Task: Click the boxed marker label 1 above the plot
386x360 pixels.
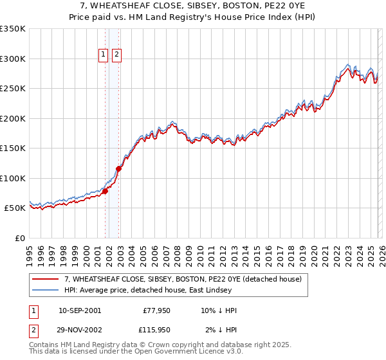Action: (104, 55)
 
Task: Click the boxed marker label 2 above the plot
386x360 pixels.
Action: (116, 55)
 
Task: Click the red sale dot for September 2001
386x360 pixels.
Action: (105, 191)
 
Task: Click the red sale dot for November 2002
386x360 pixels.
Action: (118, 168)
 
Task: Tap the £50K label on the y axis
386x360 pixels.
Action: (15, 208)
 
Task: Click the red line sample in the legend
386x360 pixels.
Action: (46, 280)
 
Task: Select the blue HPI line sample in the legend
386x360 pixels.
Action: (46, 291)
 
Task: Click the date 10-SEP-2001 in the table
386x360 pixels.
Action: (79, 310)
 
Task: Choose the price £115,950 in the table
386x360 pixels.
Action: (157, 330)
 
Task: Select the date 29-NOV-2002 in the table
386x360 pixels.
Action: (80, 330)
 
